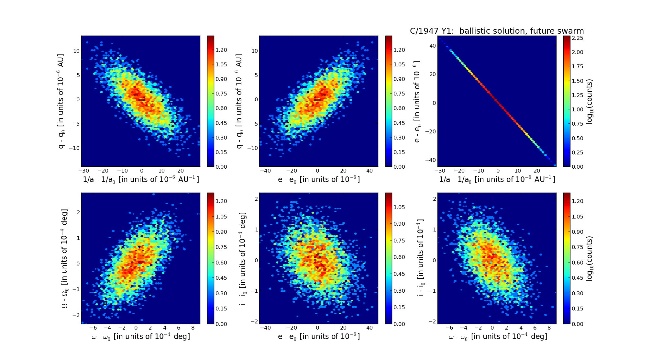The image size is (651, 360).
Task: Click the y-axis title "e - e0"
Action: pyautogui.click(x=417, y=102)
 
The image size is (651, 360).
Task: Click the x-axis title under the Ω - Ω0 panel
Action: pyautogui.click(x=141, y=337)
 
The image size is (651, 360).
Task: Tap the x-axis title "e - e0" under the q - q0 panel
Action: pyautogui.click(x=319, y=180)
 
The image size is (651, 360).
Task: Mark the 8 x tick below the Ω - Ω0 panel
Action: pyautogui.click(x=193, y=328)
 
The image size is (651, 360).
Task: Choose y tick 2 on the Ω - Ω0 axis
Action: pyautogui.click(x=78, y=212)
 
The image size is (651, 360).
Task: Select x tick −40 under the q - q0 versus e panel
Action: pyautogui.click(x=265, y=171)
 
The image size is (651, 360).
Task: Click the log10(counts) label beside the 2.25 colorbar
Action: pyautogui.click(x=590, y=102)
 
